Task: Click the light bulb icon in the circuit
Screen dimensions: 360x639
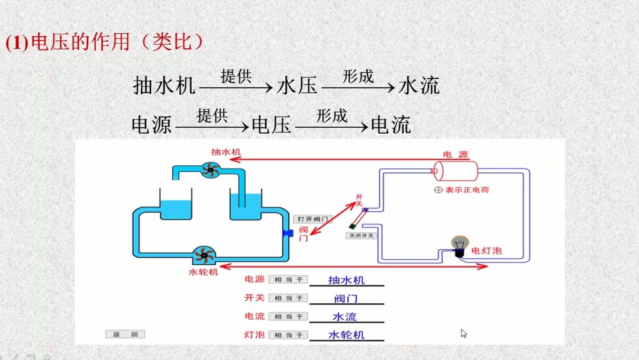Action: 460,245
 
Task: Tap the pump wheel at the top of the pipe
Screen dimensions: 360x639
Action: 208,171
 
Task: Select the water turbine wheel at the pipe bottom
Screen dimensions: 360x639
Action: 205,256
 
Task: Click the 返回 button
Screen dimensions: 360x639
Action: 125,334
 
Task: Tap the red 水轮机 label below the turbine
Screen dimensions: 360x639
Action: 203,272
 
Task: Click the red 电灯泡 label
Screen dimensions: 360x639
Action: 486,251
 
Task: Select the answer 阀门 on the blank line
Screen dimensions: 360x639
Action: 346,298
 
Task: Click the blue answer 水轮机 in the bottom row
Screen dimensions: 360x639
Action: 346,335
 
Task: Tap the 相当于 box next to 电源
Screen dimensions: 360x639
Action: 288,279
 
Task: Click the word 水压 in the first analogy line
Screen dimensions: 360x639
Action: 297,85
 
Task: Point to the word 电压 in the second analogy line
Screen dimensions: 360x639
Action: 272,125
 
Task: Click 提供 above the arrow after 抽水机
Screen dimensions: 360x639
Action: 236,76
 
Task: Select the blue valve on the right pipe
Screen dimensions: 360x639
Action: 288,233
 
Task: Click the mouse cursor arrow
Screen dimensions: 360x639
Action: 464,333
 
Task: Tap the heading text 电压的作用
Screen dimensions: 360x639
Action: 80,43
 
